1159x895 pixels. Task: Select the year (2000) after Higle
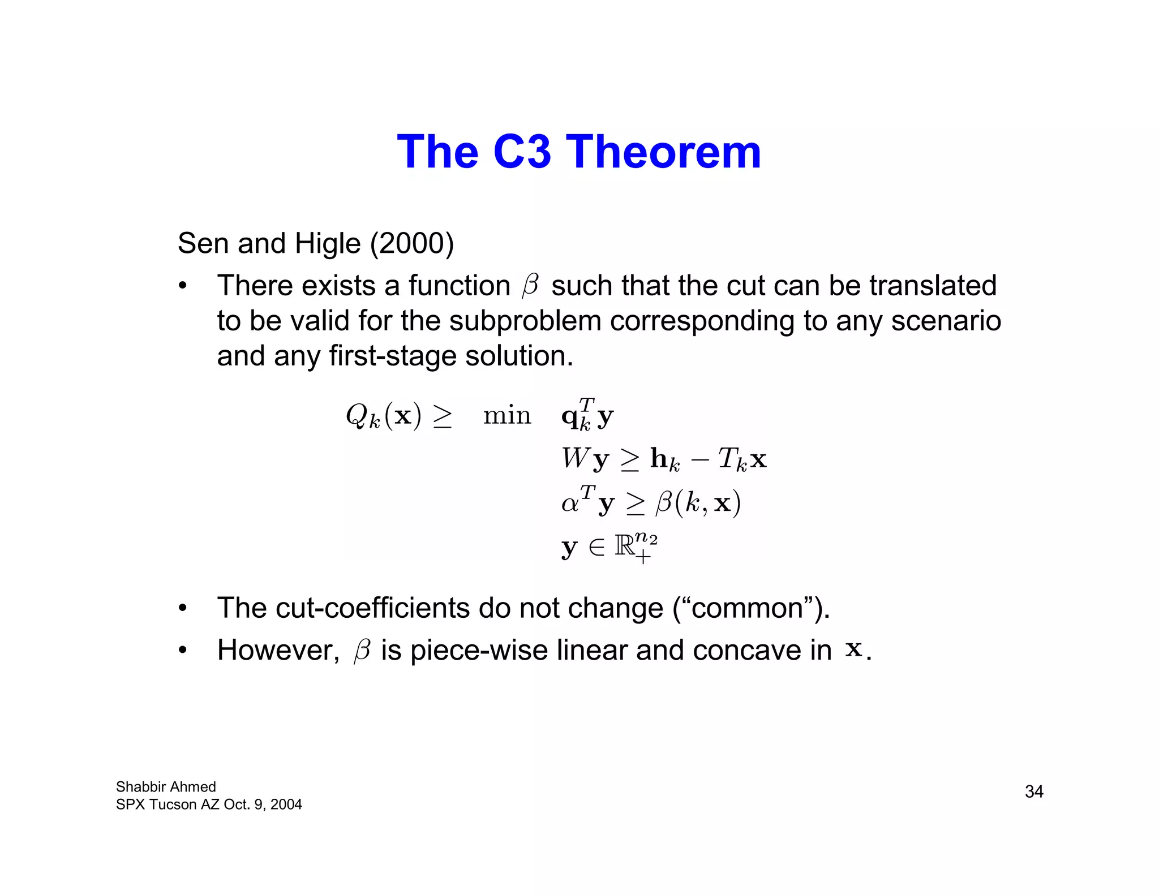pos(412,243)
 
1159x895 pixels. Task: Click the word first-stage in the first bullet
pos(393,356)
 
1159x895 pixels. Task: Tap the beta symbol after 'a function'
pos(531,285)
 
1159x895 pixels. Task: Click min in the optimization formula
pos(507,416)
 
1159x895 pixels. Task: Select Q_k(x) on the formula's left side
pos(384,416)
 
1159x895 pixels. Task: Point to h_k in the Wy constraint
pos(664,459)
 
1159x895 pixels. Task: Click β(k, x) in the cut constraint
pos(698,502)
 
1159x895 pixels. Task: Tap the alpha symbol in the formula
pos(570,502)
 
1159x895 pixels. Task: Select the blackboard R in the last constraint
pos(625,547)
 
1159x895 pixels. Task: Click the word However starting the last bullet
pos(278,651)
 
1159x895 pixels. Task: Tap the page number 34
pos(1034,791)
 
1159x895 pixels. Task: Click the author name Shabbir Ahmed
pos(166,787)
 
